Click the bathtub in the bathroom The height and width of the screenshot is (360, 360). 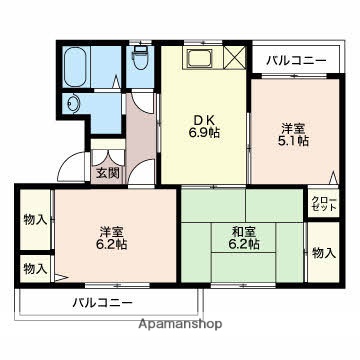tap(75, 68)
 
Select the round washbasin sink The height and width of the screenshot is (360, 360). tap(73, 104)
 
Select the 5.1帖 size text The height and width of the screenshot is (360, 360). tap(292, 142)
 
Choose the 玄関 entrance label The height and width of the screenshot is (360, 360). tap(107, 172)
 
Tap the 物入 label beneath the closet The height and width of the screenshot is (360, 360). tap(322, 253)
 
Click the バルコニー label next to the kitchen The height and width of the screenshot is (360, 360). tap(296, 62)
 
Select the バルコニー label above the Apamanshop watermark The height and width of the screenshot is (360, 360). tap(102, 302)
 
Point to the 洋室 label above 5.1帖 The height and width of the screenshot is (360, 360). tap(292, 127)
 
